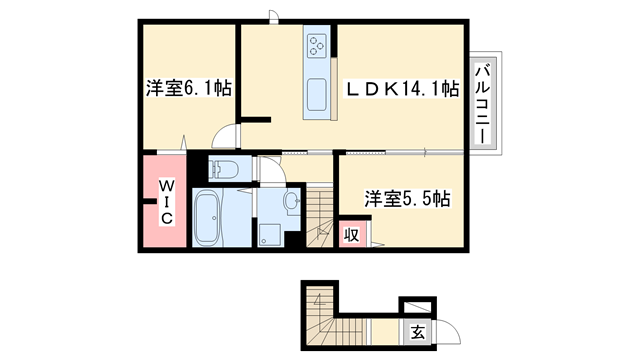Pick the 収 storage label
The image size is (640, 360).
pos(352,235)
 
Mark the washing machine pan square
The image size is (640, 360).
pos(270,234)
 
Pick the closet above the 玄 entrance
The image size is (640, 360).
pos(415,307)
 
